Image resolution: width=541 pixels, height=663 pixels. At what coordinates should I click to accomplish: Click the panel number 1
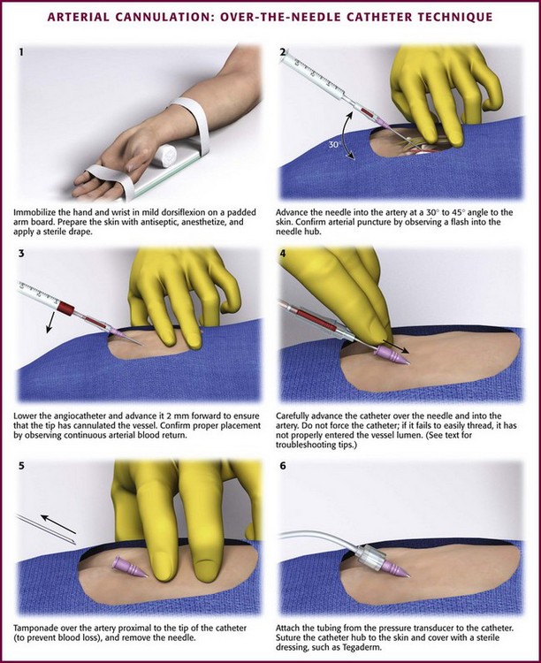(21, 52)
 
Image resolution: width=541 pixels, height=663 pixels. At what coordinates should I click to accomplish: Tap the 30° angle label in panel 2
(334, 145)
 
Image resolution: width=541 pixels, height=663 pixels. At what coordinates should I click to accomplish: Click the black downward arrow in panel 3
(50, 322)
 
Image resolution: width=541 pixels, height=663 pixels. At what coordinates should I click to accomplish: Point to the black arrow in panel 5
(58, 524)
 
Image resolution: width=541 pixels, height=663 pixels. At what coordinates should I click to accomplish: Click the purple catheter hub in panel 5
(129, 567)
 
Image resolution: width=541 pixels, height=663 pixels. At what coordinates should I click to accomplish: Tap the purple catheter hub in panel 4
(392, 354)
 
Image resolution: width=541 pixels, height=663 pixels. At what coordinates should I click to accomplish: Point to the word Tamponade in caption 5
(34, 628)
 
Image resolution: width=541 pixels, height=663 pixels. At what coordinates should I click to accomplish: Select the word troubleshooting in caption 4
(302, 445)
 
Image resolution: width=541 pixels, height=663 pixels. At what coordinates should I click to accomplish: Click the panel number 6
(283, 466)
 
